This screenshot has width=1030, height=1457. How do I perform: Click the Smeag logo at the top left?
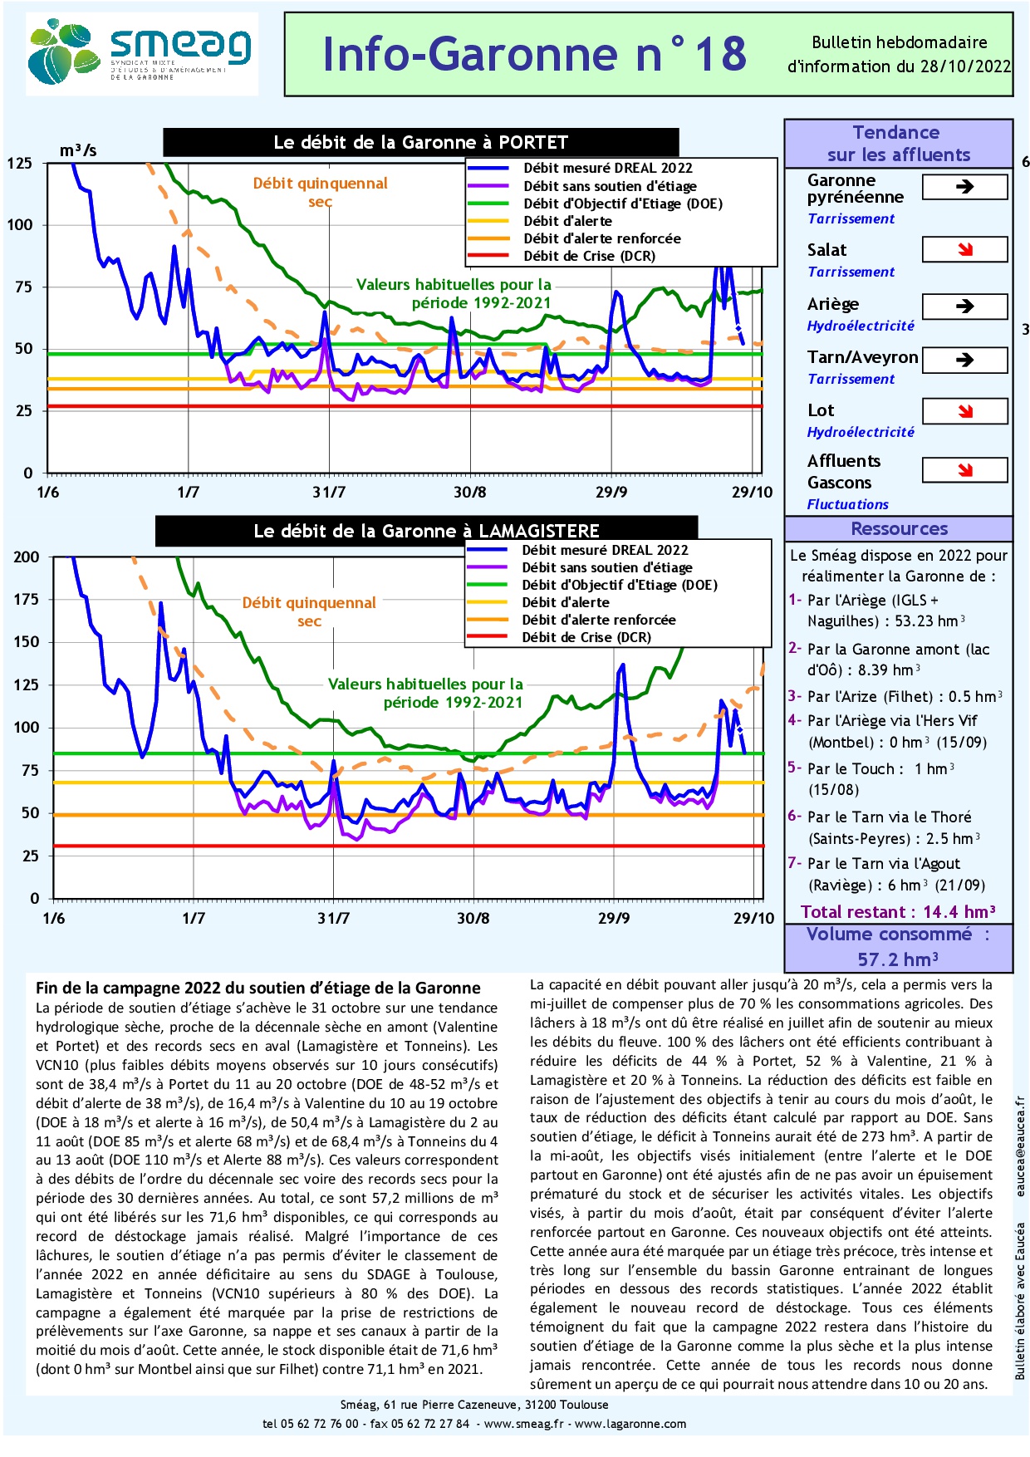pos(141,54)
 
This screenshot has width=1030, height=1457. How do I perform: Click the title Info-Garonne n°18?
pos(534,55)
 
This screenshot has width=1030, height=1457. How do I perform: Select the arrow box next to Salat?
pos(964,249)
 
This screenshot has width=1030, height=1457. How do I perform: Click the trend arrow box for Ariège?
pos(964,306)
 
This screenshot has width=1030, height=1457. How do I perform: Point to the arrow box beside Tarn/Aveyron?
pos(964,360)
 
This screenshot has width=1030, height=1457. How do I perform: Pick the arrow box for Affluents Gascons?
pos(964,470)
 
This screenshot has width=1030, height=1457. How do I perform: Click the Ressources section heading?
pos(899,529)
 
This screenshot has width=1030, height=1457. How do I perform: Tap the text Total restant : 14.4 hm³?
pos(898,912)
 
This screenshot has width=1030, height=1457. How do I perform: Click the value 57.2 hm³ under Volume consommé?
pos(898,959)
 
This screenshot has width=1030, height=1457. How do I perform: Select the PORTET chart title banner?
pos(420,143)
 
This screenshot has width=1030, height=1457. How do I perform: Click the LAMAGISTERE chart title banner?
pos(426,531)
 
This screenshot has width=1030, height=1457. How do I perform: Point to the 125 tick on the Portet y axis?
pos(20,163)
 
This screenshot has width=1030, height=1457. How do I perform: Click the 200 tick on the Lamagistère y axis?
pos(27,557)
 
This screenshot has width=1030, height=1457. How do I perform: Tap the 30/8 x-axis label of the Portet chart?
pos(469,493)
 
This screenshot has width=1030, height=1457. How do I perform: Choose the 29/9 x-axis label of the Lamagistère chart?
pos(613,918)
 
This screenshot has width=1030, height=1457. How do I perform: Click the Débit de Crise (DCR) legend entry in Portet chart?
pos(589,256)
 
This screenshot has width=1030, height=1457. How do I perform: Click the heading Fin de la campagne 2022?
pos(257,988)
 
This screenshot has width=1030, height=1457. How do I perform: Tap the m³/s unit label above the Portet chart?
pos(78,150)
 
